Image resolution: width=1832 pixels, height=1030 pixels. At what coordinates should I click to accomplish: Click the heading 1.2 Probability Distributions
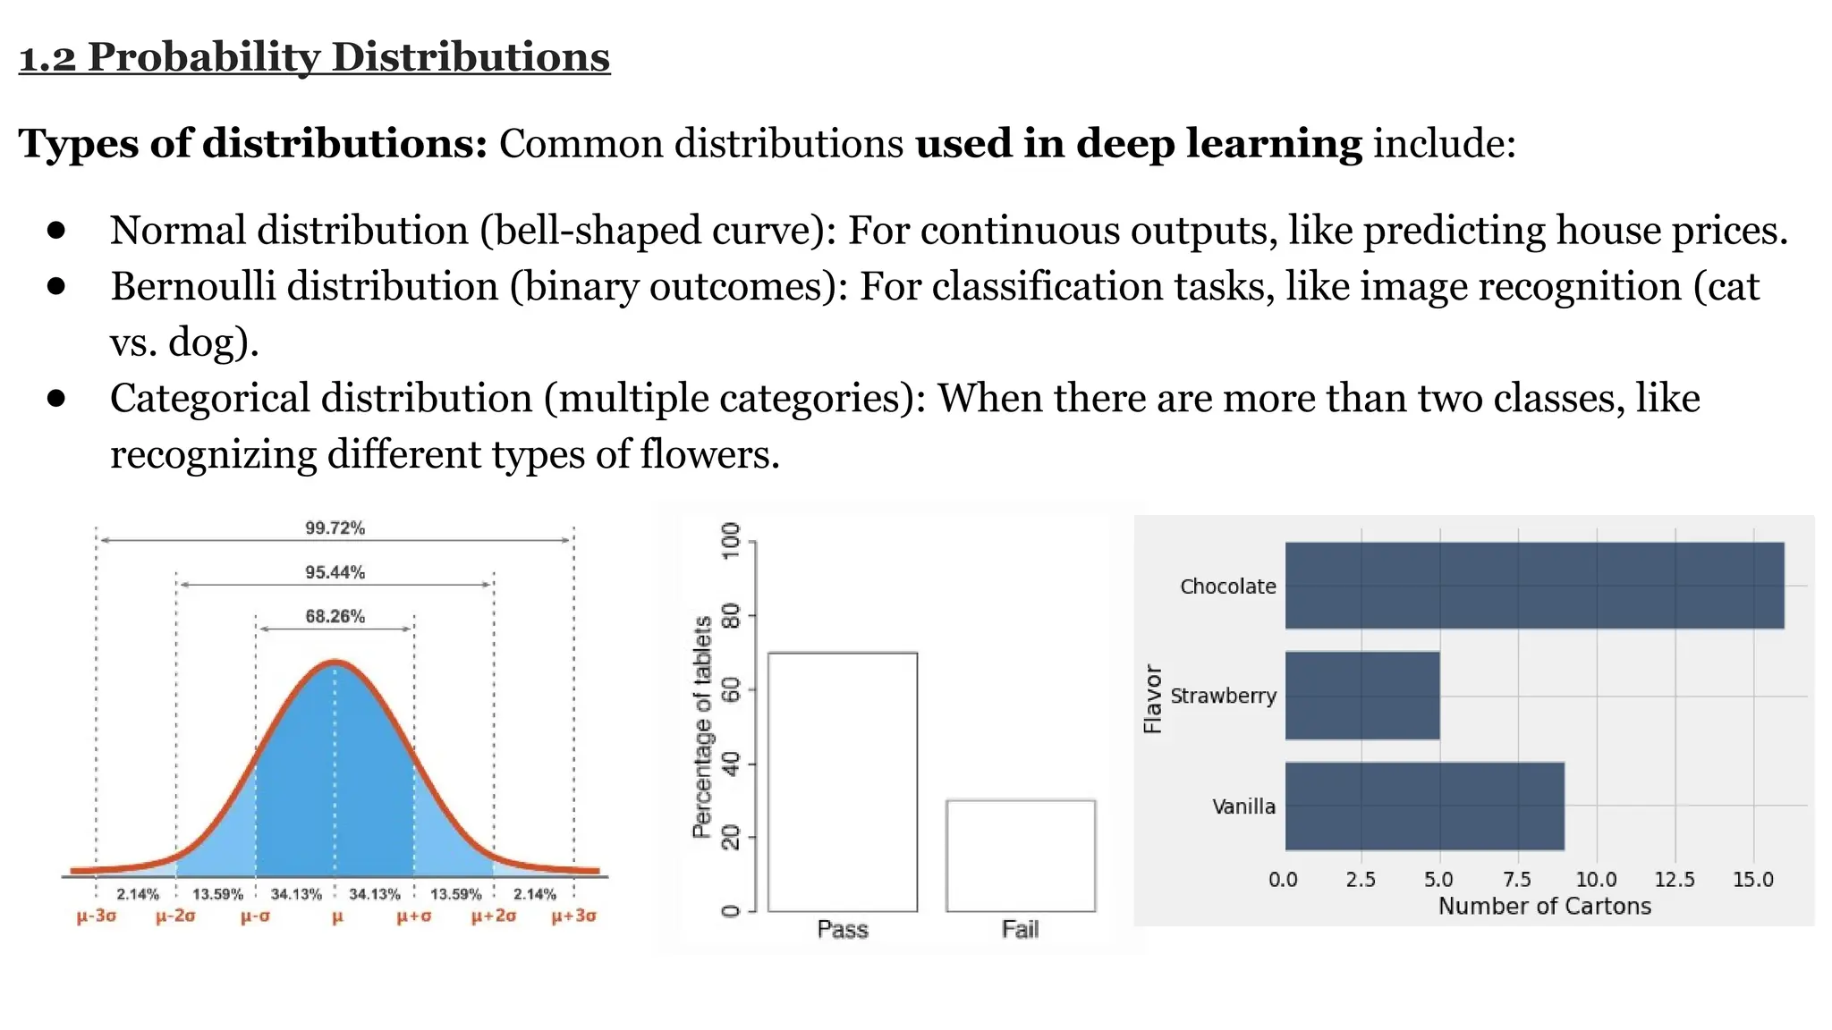[314, 57]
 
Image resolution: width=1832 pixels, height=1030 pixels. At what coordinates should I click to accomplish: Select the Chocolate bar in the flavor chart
[1534, 586]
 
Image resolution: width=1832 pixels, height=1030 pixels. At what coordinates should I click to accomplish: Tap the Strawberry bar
[1362, 696]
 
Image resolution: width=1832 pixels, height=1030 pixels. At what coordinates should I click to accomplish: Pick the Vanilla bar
[1424, 806]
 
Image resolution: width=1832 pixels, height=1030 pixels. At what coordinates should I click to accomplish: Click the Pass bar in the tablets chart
[843, 782]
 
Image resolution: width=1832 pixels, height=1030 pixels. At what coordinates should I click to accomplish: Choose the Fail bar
[1021, 856]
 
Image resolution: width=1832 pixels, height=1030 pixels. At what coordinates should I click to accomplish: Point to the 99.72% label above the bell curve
[335, 528]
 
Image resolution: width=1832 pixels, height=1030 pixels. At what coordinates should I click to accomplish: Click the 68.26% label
[335, 616]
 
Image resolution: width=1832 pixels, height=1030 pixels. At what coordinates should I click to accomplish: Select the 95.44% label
[335, 572]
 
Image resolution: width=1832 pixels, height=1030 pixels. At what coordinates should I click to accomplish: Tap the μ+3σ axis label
[573, 916]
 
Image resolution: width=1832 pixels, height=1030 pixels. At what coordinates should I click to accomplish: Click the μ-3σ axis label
[97, 916]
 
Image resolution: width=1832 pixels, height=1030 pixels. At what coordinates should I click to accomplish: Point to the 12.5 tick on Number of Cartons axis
[1674, 880]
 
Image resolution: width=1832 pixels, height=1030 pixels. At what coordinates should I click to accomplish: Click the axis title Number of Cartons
[1544, 907]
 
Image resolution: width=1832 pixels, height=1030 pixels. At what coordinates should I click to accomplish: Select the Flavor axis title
[1153, 698]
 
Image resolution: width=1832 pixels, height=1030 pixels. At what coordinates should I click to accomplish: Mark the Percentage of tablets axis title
[702, 726]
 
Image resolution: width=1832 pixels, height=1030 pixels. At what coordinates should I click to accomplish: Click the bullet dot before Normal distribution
[56, 231]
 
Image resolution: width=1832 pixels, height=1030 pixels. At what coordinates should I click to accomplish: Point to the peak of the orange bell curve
[335, 663]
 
